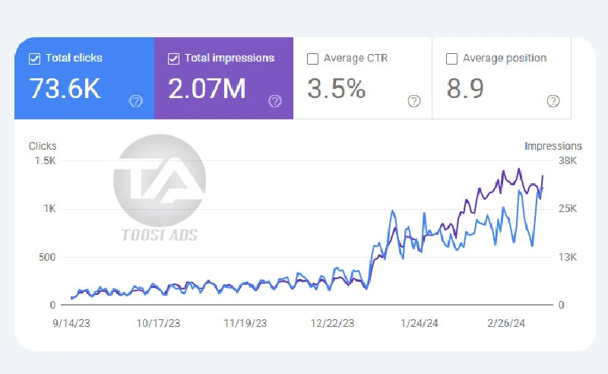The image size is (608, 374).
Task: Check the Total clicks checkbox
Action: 34,58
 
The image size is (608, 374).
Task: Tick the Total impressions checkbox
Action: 173,58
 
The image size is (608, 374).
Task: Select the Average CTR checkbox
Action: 312,58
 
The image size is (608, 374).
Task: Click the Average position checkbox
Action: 451,58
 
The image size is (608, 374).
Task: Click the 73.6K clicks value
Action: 65,89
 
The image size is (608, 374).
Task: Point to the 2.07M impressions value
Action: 207,89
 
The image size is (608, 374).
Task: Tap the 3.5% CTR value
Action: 336,89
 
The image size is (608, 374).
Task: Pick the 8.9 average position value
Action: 465,89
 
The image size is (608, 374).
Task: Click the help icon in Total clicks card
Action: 136,101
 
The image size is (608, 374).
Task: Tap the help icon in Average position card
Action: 553,101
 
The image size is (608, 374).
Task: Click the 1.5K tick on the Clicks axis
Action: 44,160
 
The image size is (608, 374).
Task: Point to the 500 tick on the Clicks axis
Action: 46,257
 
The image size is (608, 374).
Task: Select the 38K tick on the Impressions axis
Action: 568,160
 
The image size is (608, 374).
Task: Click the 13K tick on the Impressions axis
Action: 568,257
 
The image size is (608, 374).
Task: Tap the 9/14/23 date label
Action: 72,322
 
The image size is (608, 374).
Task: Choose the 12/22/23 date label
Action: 332,322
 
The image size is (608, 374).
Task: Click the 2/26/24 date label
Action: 505,322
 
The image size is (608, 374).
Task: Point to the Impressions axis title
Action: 553,145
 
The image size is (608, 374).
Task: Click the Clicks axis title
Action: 43,145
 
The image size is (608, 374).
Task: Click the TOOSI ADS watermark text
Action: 160,235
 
